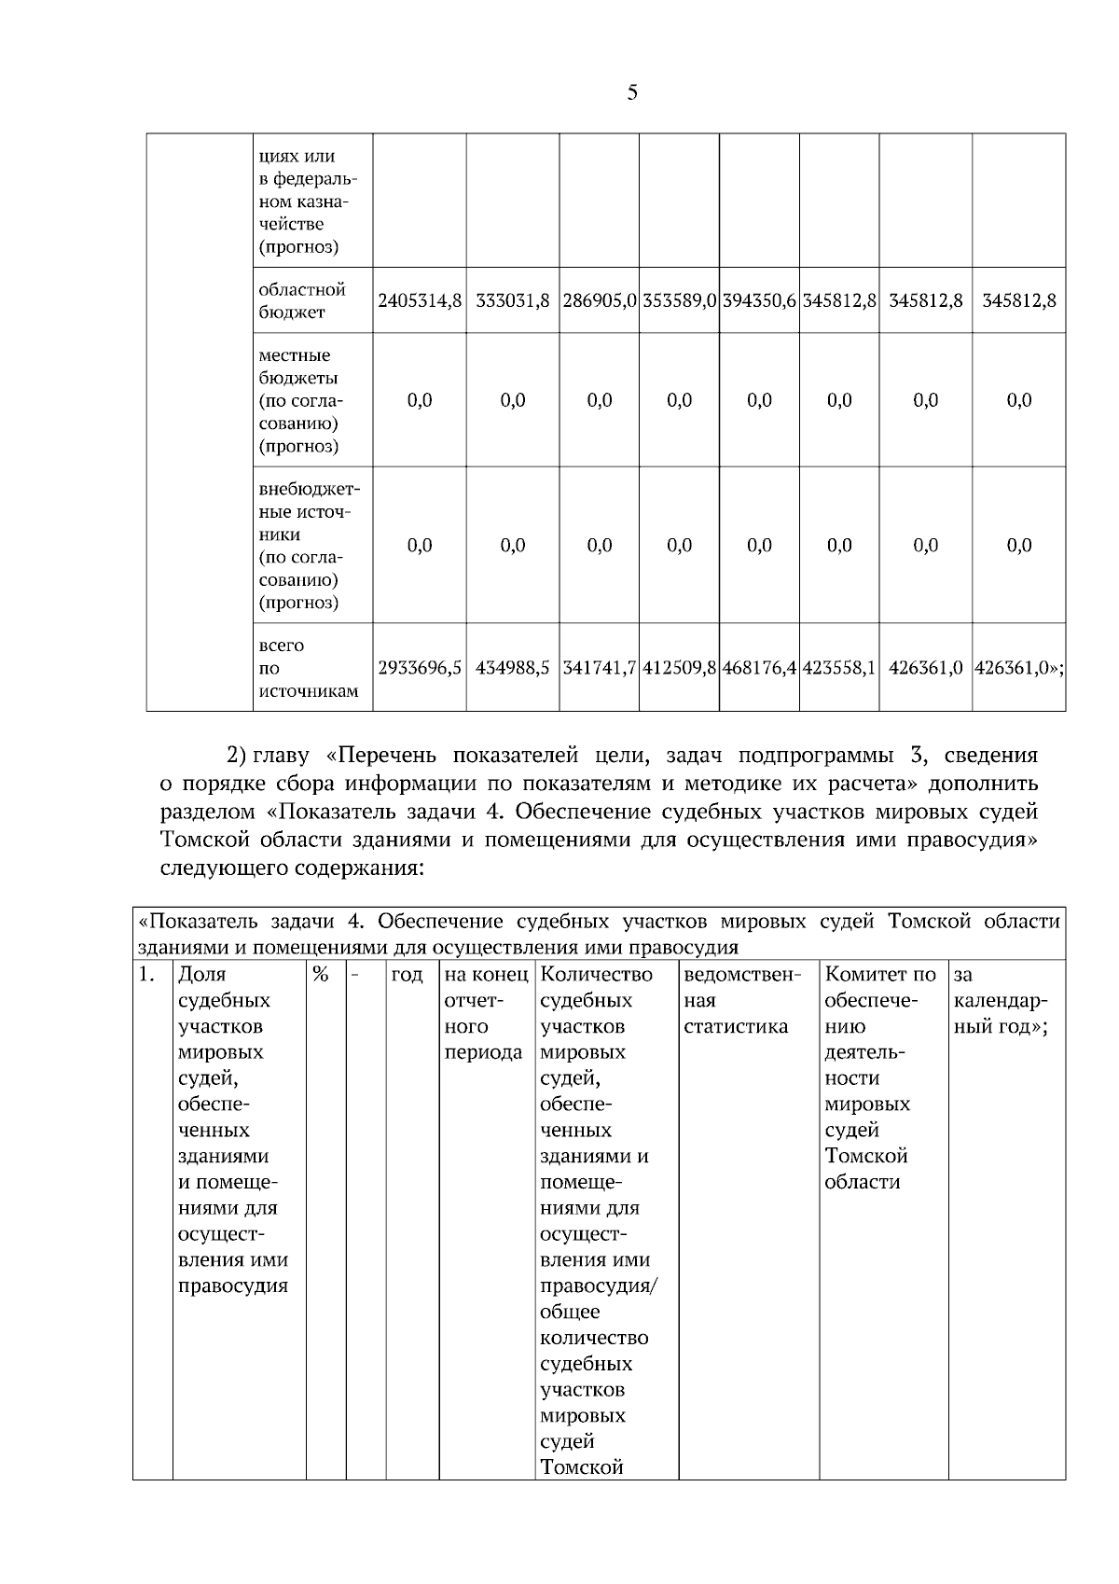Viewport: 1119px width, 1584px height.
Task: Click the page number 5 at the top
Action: (632, 92)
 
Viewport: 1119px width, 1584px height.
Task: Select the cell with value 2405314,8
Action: (420, 300)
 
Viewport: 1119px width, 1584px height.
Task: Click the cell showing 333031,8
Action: (513, 300)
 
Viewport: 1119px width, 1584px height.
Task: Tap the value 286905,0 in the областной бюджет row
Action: (600, 300)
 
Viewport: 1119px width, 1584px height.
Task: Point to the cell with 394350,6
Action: (759, 300)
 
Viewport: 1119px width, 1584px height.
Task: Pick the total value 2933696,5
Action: (420, 668)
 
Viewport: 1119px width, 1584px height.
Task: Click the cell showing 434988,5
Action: (513, 668)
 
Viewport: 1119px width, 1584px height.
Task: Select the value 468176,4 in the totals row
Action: (759, 668)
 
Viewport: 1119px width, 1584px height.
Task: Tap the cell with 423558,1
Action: (839, 668)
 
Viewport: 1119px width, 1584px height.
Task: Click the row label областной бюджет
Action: (302, 300)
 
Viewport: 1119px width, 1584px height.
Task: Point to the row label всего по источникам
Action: (307, 668)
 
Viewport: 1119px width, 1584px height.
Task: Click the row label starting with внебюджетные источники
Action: (309, 545)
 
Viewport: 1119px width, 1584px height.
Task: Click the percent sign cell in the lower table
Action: (322, 975)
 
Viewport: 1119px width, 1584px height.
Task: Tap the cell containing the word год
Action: (408, 975)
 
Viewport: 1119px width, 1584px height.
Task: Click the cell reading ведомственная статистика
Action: (742, 1001)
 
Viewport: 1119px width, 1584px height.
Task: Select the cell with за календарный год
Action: (1002, 1001)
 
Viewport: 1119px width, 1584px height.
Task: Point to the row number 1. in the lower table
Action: (146, 975)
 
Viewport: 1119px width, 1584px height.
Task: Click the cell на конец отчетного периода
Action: (484, 1013)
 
